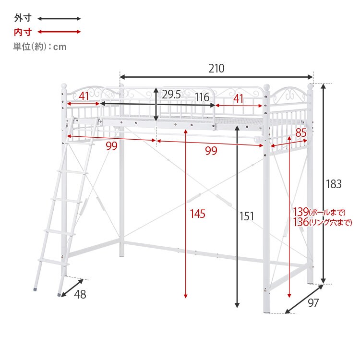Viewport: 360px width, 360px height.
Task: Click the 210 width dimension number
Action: [216, 69]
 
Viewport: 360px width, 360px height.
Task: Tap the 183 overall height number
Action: [334, 184]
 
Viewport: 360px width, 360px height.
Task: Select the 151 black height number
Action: [247, 216]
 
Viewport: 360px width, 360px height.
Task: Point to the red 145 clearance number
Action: [197, 214]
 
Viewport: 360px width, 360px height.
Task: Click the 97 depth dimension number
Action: [313, 303]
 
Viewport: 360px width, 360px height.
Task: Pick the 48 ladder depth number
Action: [80, 294]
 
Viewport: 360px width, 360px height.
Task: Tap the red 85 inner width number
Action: [301, 132]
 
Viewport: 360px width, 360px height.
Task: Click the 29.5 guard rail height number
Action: [171, 95]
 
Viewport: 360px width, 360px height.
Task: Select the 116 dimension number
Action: [202, 97]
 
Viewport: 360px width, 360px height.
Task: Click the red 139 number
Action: [301, 212]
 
